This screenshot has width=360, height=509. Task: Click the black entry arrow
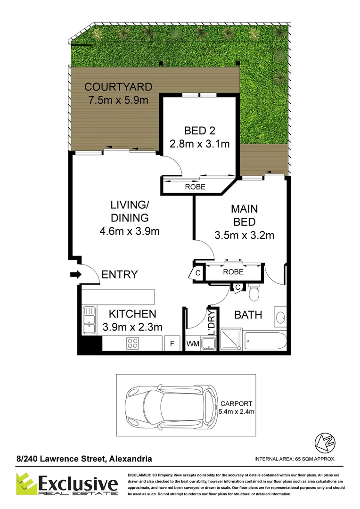point(75,274)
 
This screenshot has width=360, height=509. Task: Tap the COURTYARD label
point(118,87)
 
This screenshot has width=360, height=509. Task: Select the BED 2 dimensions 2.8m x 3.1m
point(199,144)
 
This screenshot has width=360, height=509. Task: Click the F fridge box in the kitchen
point(172,344)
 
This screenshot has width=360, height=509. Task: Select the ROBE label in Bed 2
point(195,187)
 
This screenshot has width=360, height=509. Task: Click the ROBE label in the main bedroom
point(233,272)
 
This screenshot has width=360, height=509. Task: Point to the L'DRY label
point(212,322)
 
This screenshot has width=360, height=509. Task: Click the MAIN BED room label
point(244,215)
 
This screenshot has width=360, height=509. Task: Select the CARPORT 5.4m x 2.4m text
point(237,408)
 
